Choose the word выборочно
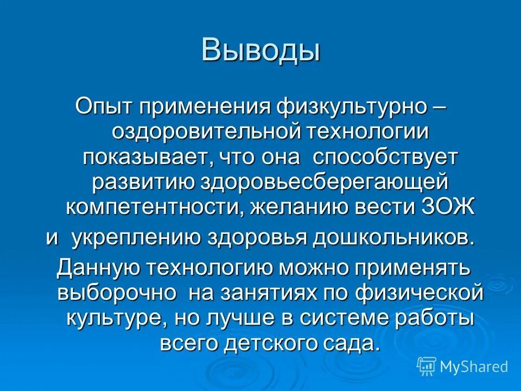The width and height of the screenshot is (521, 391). [117, 293]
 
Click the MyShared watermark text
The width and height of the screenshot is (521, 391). [474, 367]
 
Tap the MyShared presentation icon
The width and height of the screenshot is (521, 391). [427, 366]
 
